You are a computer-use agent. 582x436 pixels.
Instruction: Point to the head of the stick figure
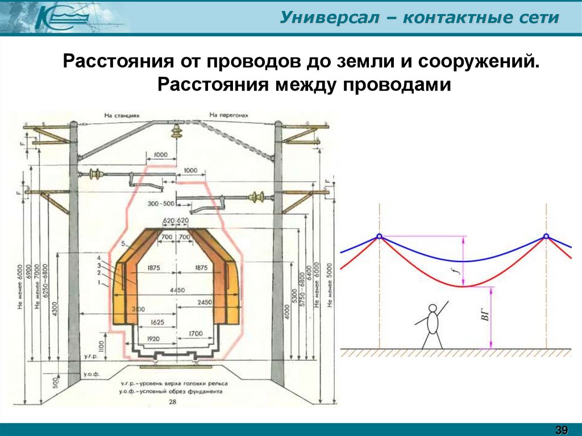[x=433, y=309]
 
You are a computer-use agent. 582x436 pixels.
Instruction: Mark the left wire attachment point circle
[x=379, y=237]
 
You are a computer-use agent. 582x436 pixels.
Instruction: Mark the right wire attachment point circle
[x=546, y=237]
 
